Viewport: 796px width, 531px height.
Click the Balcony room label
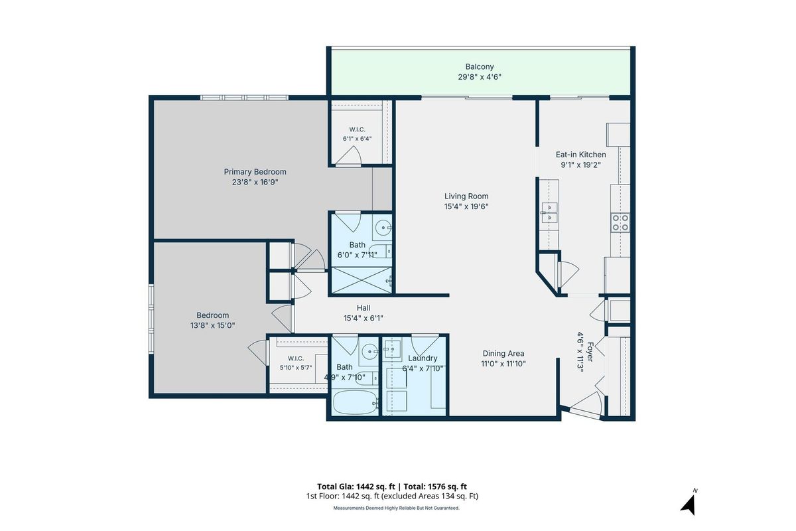480,67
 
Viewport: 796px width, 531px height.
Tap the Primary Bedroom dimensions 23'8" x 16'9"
255,183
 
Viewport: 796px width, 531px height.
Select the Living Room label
466,196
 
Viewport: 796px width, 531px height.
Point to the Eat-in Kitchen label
580,155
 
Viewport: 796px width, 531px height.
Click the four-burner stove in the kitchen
620,222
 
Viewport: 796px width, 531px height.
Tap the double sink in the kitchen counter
549,212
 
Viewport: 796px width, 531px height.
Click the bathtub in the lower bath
355,403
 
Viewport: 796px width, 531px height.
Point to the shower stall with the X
362,280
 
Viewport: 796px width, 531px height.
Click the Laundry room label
423,358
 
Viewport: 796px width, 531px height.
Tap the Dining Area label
503,354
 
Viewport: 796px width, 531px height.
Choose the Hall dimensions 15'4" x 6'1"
364,319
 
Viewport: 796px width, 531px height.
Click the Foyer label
590,352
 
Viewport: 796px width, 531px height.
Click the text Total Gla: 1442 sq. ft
356,487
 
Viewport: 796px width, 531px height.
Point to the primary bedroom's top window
244,98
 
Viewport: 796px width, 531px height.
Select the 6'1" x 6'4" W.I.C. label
357,139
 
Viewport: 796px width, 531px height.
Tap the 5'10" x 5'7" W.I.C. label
296,368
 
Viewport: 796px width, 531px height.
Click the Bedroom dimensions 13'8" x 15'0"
212,325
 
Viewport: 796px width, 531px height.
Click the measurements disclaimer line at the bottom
396,508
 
